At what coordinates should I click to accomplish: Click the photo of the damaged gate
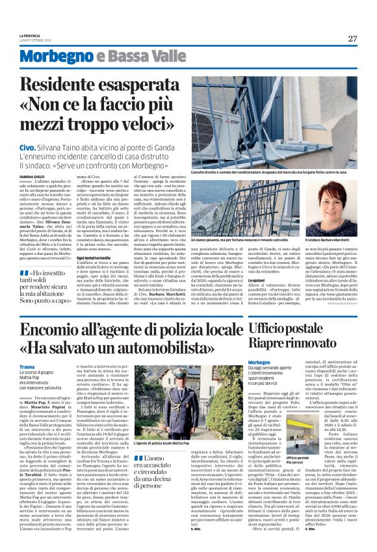tap(274, 121)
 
